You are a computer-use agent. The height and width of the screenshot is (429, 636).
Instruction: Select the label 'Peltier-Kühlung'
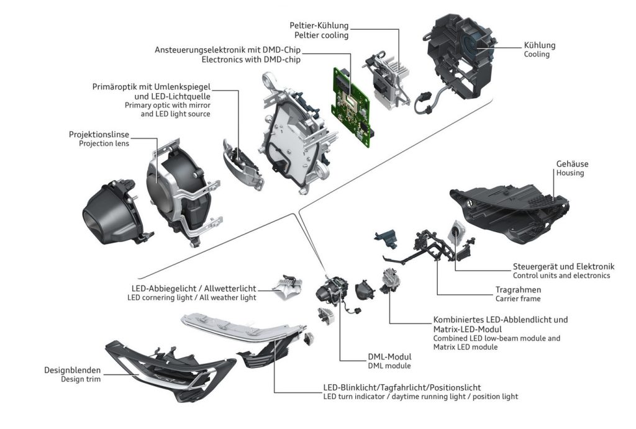319,25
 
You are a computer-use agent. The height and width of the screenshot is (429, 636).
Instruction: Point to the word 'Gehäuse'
572,163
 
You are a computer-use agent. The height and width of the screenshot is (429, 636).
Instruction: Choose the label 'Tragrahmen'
518,289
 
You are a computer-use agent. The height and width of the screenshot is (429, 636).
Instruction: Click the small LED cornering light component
291,286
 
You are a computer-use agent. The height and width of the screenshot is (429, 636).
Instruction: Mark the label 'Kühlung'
539,45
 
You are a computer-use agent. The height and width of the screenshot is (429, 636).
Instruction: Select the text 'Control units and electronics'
561,275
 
